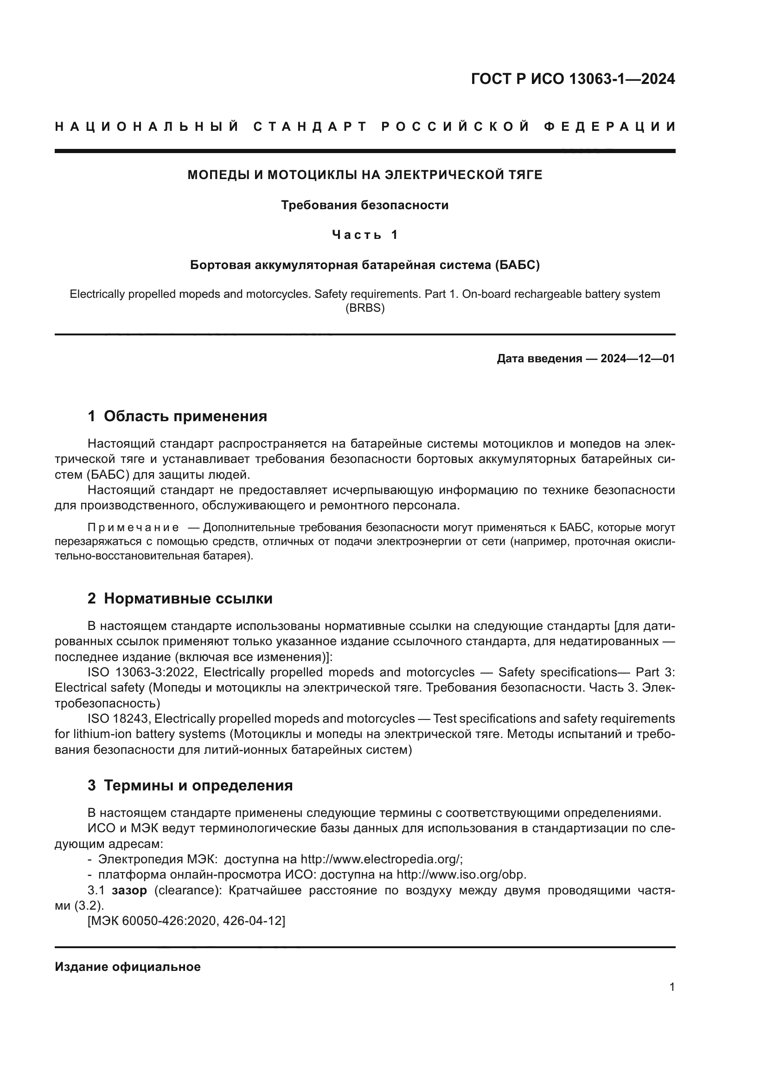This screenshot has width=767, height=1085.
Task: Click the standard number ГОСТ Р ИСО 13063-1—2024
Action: [x=572, y=79]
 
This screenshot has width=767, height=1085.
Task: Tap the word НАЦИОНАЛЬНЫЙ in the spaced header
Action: [x=147, y=127]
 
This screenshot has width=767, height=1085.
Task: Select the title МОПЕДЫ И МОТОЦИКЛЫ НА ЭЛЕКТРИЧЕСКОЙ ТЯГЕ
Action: [x=364, y=175]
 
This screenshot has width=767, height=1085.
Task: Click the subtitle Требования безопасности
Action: [x=364, y=205]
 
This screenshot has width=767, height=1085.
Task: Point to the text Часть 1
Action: [x=364, y=235]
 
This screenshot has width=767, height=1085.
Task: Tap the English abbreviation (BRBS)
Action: [x=364, y=308]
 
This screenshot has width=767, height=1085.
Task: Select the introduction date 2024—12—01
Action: [x=637, y=359]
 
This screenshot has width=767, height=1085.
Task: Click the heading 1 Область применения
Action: [x=178, y=416]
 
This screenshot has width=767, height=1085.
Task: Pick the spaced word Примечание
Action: [x=133, y=527]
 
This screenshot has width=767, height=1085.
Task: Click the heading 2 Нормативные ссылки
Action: [x=180, y=599]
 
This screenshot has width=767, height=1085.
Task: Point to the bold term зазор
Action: [x=129, y=890]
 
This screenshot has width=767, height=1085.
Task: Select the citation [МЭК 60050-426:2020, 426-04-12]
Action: [x=186, y=921]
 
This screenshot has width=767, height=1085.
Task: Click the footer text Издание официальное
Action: [x=128, y=967]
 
